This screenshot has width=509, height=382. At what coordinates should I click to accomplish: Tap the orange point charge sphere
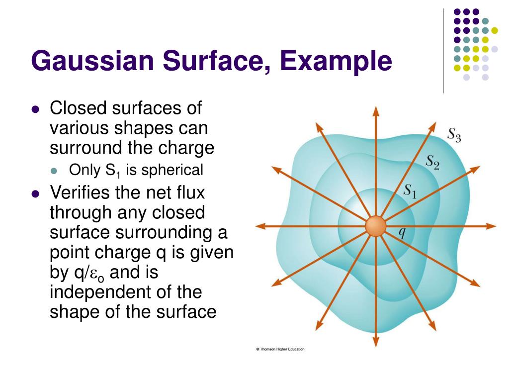tap(375, 226)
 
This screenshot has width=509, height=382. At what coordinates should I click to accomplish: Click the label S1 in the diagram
tap(409, 190)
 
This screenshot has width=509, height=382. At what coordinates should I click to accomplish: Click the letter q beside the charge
tap(403, 232)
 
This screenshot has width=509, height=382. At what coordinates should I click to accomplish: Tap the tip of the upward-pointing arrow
tap(375, 107)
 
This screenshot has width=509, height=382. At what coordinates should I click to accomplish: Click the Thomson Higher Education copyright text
tap(280, 349)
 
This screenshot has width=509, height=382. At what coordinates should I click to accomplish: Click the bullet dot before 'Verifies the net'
tap(35, 193)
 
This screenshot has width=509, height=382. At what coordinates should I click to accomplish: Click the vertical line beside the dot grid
tap(443, 50)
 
